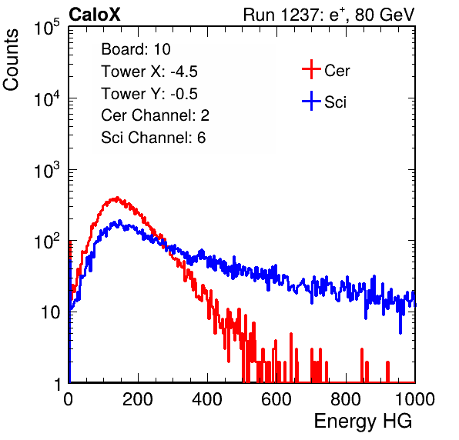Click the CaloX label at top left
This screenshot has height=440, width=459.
point(95,15)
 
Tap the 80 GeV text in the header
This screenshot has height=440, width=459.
point(384,15)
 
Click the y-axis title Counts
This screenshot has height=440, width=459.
point(11,60)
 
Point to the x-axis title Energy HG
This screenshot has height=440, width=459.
point(363,422)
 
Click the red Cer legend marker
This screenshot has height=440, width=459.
point(311,69)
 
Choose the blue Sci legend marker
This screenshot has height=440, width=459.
point(311,102)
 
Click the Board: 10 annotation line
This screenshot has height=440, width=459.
point(136,49)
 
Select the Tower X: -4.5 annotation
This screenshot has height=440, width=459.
point(149,72)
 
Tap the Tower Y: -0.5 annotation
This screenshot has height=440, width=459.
point(149,94)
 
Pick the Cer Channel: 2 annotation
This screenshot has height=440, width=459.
point(155,115)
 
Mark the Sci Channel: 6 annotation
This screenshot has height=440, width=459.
point(153,138)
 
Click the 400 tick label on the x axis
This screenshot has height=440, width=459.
point(207,399)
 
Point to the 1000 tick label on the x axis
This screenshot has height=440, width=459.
point(415,399)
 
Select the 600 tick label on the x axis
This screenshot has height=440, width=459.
point(276,399)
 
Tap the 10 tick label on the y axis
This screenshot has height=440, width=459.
point(50,312)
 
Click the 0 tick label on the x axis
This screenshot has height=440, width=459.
point(69,399)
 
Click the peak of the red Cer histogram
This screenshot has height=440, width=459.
point(117,198)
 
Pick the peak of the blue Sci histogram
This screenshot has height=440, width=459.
point(119,221)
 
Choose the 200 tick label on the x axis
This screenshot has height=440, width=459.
point(138,399)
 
